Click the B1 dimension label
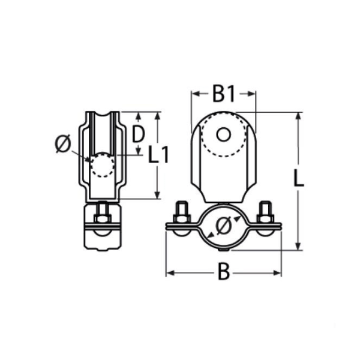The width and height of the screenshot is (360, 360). coord(224,94)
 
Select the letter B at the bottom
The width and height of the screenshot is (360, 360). coord(224,272)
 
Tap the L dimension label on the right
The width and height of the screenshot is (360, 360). coord(299,178)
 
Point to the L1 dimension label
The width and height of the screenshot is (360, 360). coord(158,155)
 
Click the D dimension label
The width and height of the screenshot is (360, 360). coord(138,134)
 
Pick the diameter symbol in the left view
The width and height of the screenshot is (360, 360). coord(62,143)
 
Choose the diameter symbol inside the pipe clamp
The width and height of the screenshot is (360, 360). coord(223,226)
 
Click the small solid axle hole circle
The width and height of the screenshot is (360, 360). coord(223,134)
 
